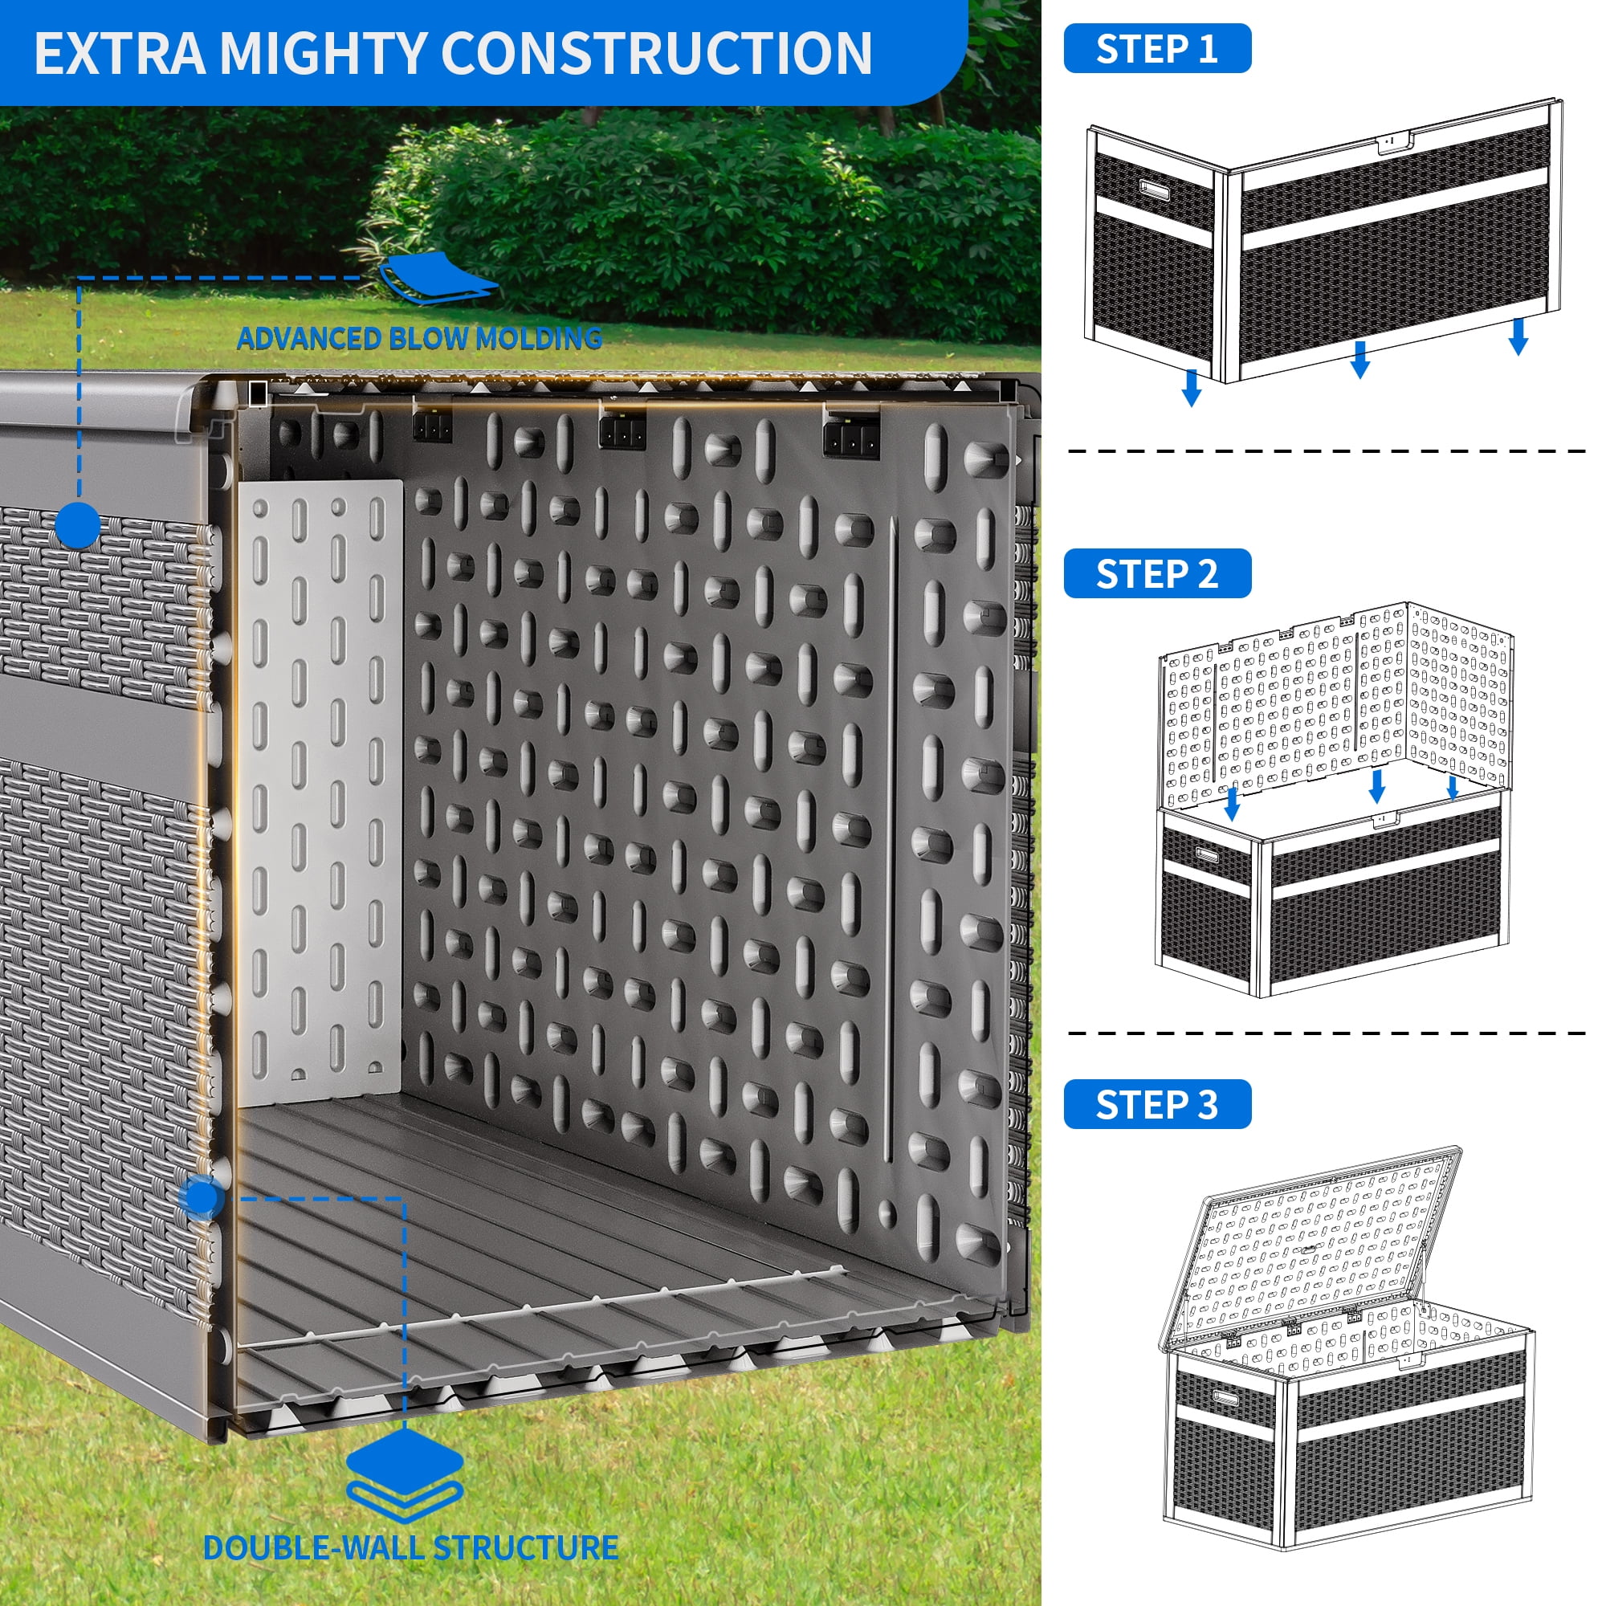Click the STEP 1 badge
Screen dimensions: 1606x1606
[x=1156, y=49]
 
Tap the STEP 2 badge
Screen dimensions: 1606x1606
[x=1156, y=573]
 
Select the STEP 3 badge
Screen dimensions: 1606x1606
[x=1156, y=1105]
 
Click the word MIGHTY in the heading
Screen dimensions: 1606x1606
[x=324, y=53]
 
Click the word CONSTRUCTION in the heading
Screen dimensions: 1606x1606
[x=656, y=53]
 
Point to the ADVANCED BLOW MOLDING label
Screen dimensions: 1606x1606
[x=419, y=338]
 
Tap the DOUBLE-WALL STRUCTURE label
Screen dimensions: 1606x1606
[x=410, y=1547]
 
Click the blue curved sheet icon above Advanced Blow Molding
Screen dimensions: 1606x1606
[x=438, y=279]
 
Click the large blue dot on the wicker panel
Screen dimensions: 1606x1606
[x=79, y=524]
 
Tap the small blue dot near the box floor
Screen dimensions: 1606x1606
[x=200, y=1198]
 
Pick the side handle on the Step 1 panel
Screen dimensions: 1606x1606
[x=1153, y=190]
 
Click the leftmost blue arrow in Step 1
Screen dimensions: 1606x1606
[x=1191, y=388]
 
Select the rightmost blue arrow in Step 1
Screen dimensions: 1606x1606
[x=1518, y=336]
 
